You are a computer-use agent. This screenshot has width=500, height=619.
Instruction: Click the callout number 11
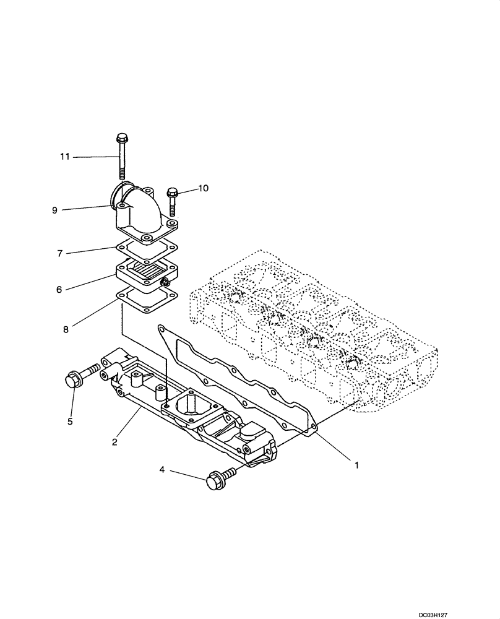[x=65, y=157]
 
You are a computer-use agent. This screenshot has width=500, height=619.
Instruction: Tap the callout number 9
[x=55, y=210]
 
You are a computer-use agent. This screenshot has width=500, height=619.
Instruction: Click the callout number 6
[x=59, y=289]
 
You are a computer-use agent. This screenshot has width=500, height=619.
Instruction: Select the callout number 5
[x=70, y=422]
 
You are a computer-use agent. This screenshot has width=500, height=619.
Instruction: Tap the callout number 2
[x=114, y=441]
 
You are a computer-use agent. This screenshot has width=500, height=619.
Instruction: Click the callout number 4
[x=163, y=471]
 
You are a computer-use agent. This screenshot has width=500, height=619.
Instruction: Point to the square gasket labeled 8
[x=147, y=304]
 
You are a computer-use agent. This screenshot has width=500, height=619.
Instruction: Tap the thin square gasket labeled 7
[x=146, y=252]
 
